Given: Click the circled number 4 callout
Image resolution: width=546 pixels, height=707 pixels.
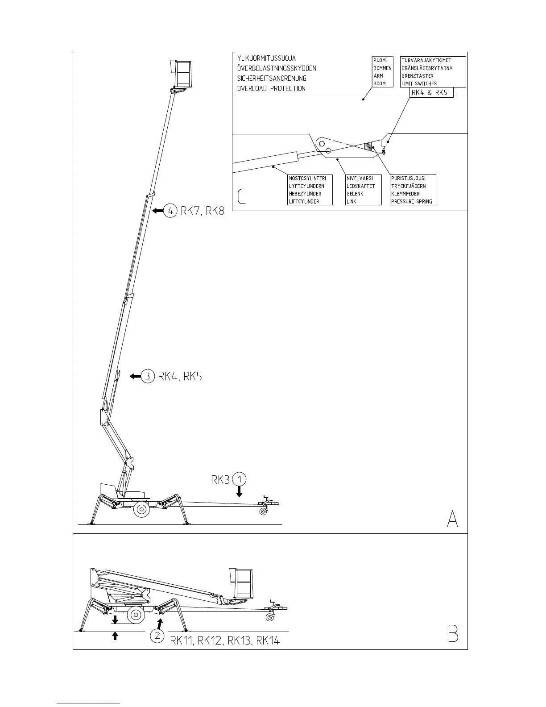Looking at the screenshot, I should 170,210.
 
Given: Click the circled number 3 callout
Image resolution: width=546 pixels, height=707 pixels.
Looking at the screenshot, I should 148,376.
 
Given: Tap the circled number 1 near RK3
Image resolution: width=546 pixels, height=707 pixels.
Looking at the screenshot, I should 240,479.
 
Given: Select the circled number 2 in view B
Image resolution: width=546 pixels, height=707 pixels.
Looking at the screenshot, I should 157,636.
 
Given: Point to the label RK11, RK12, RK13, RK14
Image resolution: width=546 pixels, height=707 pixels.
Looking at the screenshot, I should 225,640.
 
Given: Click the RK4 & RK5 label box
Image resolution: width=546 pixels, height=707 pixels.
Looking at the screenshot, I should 429,93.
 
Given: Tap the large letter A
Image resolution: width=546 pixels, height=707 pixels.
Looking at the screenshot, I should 452,519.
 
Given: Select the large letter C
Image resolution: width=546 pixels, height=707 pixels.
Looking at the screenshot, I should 241,196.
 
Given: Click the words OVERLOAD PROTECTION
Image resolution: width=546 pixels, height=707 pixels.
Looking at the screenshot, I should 271,88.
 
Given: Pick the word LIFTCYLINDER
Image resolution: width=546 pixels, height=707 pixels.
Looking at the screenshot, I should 304,202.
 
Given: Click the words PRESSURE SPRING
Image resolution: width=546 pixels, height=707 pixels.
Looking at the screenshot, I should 411,202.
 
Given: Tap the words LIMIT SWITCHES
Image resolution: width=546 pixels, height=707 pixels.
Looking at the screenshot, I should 419,83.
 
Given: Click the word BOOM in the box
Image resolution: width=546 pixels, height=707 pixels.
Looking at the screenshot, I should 379,83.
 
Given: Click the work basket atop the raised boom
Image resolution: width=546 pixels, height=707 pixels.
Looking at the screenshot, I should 183,74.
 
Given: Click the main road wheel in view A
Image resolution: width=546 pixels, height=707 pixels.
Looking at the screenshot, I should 141,509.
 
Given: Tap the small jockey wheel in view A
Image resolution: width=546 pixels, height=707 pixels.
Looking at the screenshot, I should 263,512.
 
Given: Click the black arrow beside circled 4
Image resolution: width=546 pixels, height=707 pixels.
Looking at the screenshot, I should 157,210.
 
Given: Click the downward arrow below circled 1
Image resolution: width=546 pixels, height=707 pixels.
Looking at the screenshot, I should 240,492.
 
